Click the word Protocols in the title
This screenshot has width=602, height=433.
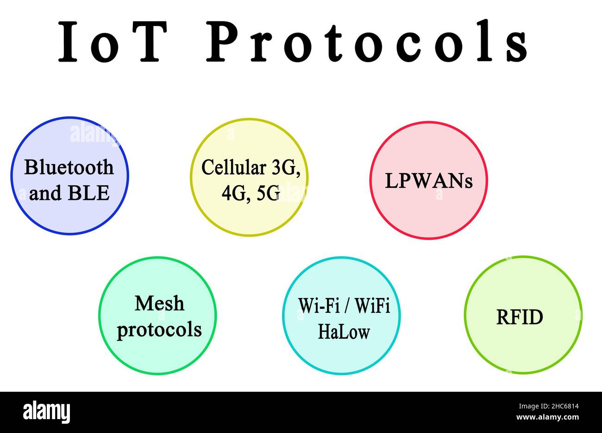click(x=367, y=40)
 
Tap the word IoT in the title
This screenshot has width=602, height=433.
click(x=113, y=42)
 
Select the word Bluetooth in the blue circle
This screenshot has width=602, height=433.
click(x=69, y=167)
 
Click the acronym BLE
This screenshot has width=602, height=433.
click(x=89, y=193)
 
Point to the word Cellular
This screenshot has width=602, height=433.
click(x=233, y=167)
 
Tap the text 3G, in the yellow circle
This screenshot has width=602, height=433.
click(x=286, y=168)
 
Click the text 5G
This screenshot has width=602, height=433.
click(x=269, y=193)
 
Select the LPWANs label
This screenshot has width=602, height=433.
click(x=429, y=181)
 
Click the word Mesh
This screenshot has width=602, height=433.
click(x=159, y=303)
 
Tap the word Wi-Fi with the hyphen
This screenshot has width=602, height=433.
click(x=319, y=306)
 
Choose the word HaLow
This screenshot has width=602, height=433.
click(x=344, y=331)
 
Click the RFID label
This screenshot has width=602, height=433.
click(x=520, y=317)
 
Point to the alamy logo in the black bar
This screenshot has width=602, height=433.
click(x=46, y=412)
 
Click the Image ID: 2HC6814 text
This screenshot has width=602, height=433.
click(x=549, y=406)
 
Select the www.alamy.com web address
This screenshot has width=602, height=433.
click(x=547, y=417)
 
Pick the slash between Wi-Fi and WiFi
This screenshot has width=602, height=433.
click(x=347, y=306)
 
